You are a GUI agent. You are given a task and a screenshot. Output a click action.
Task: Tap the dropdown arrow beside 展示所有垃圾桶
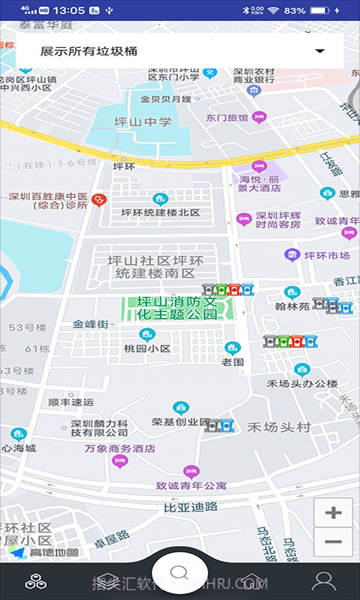tap(320, 51)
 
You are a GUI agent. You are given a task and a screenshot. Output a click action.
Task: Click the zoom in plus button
tap(333, 513)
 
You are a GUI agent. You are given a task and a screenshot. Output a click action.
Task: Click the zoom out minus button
tap(333, 541)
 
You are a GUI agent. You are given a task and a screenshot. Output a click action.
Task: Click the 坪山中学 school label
tap(142, 121)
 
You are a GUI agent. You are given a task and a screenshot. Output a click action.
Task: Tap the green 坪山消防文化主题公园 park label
tap(178, 308)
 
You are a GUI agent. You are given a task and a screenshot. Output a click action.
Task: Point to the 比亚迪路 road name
tap(190, 507)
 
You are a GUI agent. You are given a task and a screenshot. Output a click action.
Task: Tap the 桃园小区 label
tap(148, 349)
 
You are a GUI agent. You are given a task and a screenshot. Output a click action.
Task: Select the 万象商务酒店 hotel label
tap(119, 448)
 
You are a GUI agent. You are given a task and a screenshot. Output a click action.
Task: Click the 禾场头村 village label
tap(279, 427)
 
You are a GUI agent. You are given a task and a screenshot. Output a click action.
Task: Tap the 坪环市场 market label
tap(327, 255)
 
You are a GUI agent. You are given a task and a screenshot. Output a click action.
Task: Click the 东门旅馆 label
tap(227, 117)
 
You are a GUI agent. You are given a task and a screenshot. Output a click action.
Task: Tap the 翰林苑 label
tap(292, 306)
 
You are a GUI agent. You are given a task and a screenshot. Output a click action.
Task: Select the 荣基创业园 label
tap(181, 421)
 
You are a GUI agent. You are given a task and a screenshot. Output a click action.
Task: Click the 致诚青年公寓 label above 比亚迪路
tap(191, 485)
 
